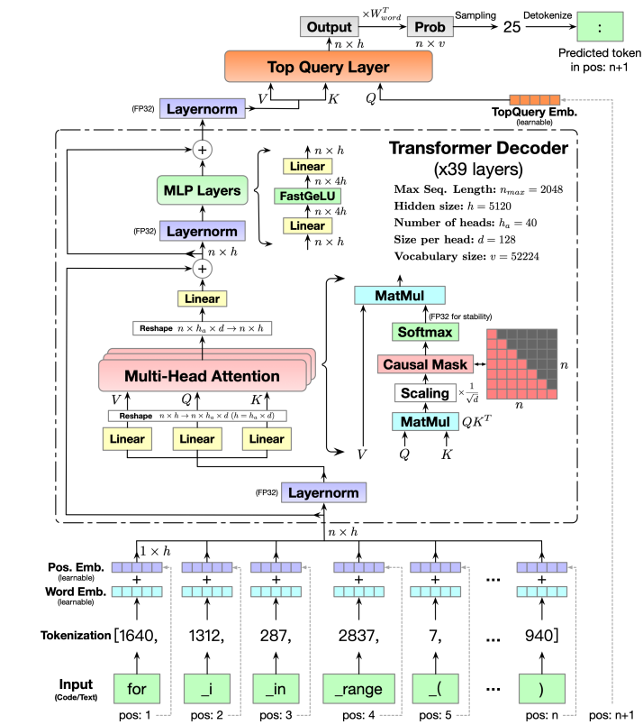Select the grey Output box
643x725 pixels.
pos(328,27)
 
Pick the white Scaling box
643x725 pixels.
pos(421,393)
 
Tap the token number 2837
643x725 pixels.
pos(358,636)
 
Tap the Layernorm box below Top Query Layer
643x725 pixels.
pos(197,109)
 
